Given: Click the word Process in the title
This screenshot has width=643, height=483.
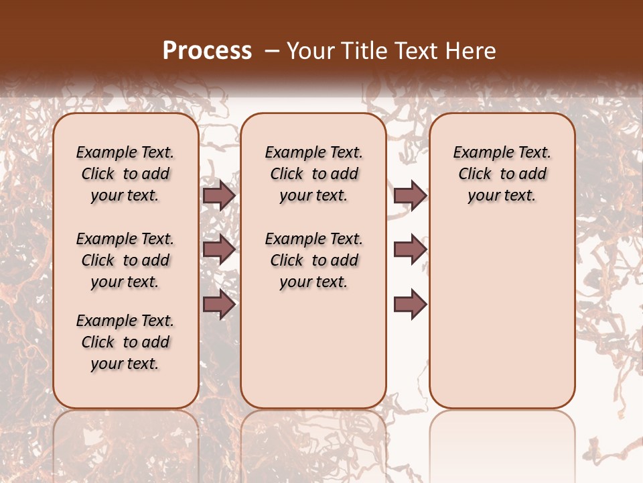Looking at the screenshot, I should point(207,51).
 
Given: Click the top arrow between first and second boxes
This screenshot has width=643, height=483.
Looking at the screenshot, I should point(219,196).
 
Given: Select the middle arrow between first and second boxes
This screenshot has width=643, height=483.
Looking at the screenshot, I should point(219,250).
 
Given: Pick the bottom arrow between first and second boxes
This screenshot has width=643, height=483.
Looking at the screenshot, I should point(219,305).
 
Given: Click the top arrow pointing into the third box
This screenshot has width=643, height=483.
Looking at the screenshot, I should point(410,196).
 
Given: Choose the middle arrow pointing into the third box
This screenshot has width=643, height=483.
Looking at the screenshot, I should point(410,250).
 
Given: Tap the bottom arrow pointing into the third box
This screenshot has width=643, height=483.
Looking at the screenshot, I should point(410,305).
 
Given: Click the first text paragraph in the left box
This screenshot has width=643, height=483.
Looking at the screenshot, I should point(125,174).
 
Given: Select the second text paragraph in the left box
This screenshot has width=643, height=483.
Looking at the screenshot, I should point(125,260).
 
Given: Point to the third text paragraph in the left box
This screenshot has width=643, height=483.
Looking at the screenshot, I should point(125,342).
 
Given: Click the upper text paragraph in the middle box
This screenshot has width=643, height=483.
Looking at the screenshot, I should point(313,174).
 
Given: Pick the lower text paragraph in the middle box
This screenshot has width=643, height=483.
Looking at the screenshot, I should point(313,260).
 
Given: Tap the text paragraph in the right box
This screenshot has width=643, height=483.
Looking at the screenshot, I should point(502,174).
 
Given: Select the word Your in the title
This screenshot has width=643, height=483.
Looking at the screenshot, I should point(309,51).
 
